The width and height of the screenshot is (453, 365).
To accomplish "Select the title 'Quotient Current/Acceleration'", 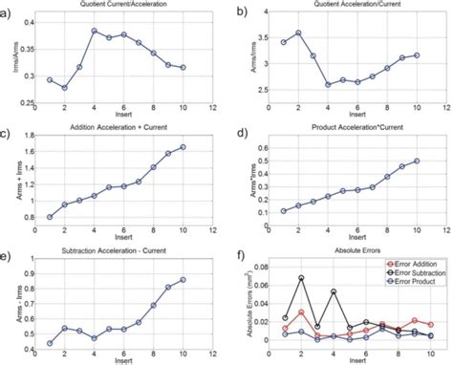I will [121, 7].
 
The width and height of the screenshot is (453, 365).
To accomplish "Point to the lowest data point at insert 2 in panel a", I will [65, 87].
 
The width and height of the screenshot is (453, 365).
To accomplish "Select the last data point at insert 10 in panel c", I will [182, 146].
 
